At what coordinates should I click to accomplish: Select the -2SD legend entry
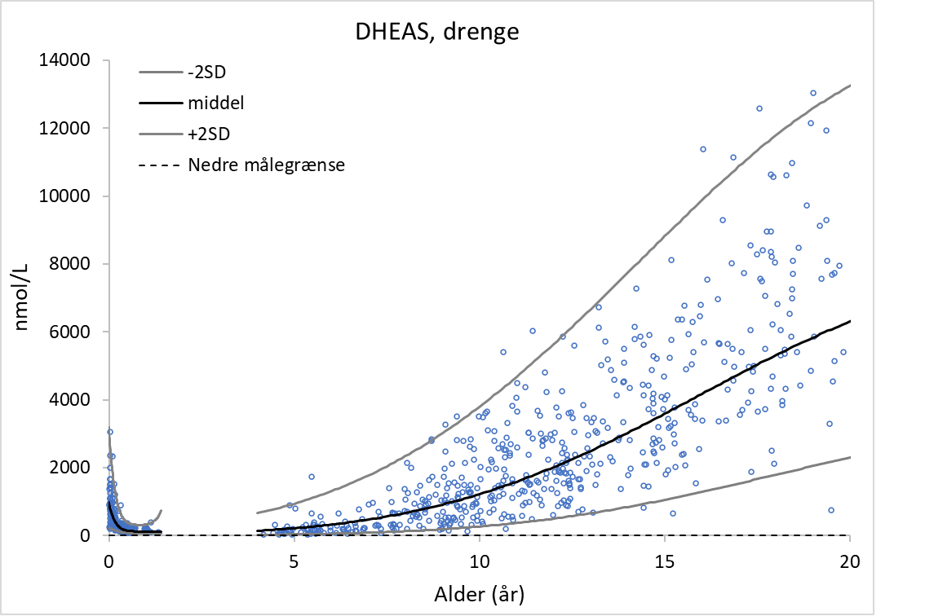click(x=205, y=73)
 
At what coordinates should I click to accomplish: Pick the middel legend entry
click(x=215, y=103)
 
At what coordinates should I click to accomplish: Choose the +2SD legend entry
click(x=206, y=134)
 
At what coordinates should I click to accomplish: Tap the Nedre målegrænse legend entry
click(x=266, y=165)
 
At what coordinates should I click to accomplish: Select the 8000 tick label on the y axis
click(x=74, y=264)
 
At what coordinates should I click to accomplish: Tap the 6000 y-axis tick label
click(x=74, y=332)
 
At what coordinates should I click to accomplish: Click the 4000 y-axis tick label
click(x=74, y=399)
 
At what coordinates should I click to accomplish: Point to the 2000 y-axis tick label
click(x=74, y=468)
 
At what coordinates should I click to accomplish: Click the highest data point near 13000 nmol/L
click(x=812, y=93)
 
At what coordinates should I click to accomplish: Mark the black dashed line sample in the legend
click(x=159, y=165)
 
